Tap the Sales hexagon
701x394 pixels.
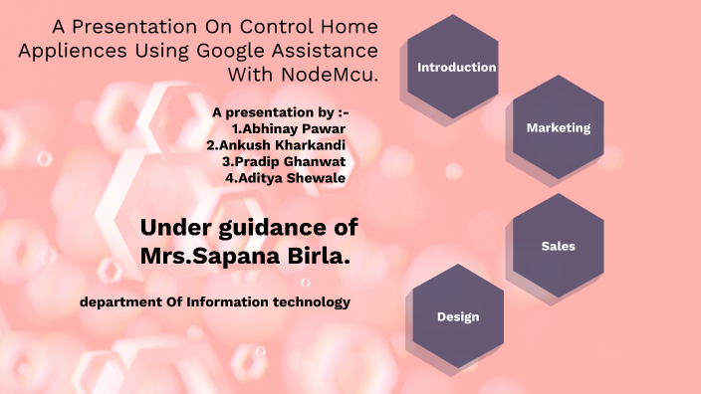(x=558, y=246)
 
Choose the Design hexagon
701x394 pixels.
(x=457, y=316)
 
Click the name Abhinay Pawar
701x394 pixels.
(x=294, y=128)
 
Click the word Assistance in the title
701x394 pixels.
(x=322, y=50)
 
